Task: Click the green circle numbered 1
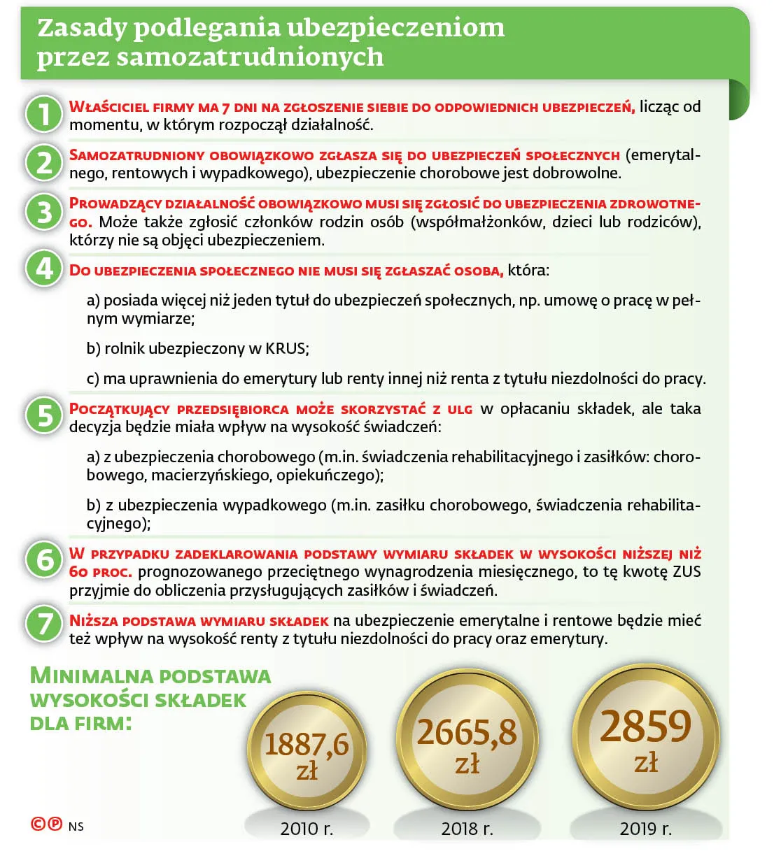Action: pyautogui.click(x=44, y=114)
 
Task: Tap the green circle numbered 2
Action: pyautogui.click(x=44, y=162)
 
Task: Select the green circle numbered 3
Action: pyautogui.click(x=44, y=211)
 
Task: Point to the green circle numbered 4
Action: pyautogui.click(x=44, y=269)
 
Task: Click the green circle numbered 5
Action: pyautogui.click(x=44, y=415)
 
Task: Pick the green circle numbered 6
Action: pyautogui.click(x=44, y=559)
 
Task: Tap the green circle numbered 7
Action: pyautogui.click(x=44, y=623)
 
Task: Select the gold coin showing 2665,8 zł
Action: pyautogui.click(x=467, y=743)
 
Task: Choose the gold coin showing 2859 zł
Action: pyautogui.click(x=646, y=738)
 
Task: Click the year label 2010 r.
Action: pyautogui.click(x=307, y=829)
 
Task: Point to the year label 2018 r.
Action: pyautogui.click(x=467, y=829)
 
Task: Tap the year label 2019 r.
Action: pyautogui.click(x=645, y=829)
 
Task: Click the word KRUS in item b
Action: pyautogui.click(x=286, y=348)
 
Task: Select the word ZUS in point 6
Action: pyautogui.click(x=686, y=571)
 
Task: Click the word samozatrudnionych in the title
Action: pyautogui.click(x=250, y=57)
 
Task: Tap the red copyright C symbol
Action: pyautogui.click(x=38, y=824)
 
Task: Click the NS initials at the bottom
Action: pyautogui.click(x=76, y=827)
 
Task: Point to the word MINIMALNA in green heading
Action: pyautogui.click(x=92, y=675)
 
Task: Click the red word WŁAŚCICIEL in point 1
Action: pyautogui.click(x=108, y=107)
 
